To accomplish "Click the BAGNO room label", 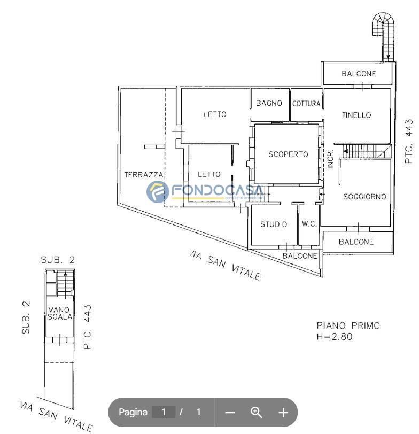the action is pyautogui.click(x=269, y=103).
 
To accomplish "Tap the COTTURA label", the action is pyautogui.click(x=306, y=104).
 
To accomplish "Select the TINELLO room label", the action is pyautogui.click(x=356, y=115).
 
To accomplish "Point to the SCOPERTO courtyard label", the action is pyautogui.click(x=288, y=154).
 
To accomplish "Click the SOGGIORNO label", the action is pyautogui.click(x=365, y=197).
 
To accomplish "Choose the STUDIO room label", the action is pyautogui.click(x=274, y=224).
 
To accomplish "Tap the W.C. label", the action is pyautogui.click(x=309, y=223).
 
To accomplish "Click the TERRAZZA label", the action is pyautogui.click(x=144, y=175).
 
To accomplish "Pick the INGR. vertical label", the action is pyautogui.click(x=330, y=160).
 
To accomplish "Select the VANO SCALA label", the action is pyautogui.click(x=59, y=313).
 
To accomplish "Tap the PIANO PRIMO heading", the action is pyautogui.click(x=348, y=325).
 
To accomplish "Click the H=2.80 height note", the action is pyautogui.click(x=335, y=337).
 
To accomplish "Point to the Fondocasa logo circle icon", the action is pyautogui.click(x=158, y=191).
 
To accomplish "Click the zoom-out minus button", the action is pyautogui.click(x=230, y=413).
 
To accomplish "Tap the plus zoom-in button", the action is pyautogui.click(x=283, y=413).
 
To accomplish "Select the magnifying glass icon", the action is pyautogui.click(x=257, y=413).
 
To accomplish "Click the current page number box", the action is pyautogui.click(x=164, y=412).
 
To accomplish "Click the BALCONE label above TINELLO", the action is pyautogui.click(x=359, y=74).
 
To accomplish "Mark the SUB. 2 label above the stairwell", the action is pyautogui.click(x=58, y=260).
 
